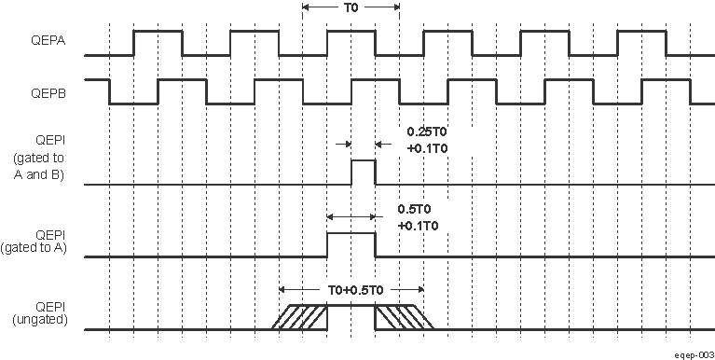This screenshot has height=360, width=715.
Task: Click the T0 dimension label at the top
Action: [351, 9]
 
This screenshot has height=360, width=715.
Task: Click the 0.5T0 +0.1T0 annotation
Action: [417, 217]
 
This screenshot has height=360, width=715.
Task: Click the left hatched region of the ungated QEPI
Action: [299, 317]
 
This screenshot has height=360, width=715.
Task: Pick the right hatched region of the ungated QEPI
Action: [404, 317]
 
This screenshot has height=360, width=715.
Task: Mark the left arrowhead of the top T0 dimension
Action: [308, 9]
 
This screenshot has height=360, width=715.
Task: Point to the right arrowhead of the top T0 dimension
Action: [395, 9]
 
